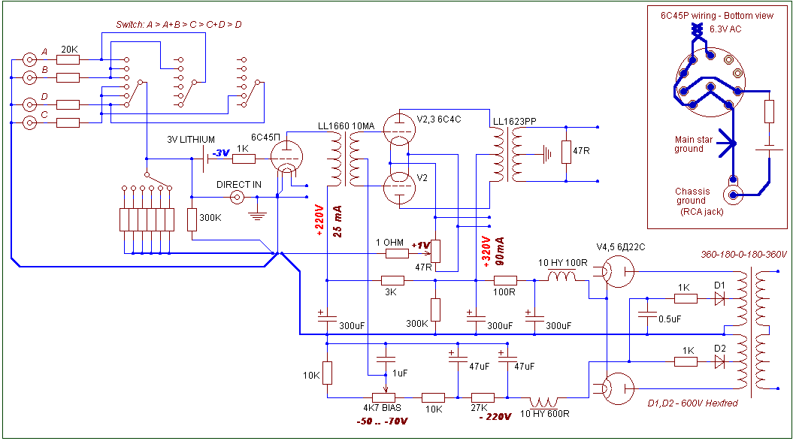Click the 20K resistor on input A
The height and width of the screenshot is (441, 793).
click(68, 59)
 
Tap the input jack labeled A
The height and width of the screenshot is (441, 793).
click(30, 59)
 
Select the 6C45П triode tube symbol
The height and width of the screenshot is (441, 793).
click(286, 157)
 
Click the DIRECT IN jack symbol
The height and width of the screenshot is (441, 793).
click(238, 197)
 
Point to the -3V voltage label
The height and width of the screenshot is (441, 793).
click(221, 153)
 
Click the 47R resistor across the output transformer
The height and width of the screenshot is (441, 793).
click(567, 152)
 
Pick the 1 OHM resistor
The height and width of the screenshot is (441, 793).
click(397, 253)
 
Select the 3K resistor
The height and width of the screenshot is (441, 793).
click(392, 281)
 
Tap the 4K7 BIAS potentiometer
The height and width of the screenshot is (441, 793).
click(383, 397)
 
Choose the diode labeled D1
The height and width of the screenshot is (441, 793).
click(719, 299)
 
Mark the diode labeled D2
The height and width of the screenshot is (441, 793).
click(719, 361)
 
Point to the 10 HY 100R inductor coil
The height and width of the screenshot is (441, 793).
click(562, 276)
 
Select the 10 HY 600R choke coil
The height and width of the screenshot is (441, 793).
click(543, 403)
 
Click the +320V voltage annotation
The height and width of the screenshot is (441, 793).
click(486, 252)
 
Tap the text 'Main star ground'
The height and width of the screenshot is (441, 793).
click(693, 144)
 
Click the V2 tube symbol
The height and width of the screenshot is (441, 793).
click(400, 188)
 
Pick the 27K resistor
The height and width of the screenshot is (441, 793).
click(483, 397)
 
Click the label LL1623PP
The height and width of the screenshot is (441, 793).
click(515, 122)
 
